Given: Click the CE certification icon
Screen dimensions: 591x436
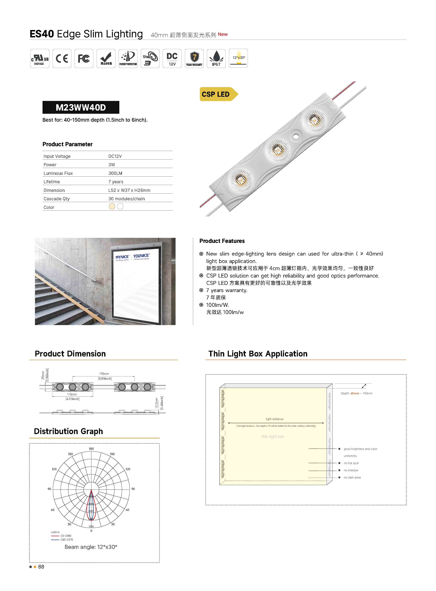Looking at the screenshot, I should tap(62, 58).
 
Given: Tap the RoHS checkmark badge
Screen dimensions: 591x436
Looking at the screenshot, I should tap(106, 58).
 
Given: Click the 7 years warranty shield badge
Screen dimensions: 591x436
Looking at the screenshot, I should tap(194, 58).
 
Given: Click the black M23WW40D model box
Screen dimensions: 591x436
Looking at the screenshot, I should tap(81, 107).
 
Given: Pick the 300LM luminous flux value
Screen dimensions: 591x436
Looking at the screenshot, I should tap(115, 173).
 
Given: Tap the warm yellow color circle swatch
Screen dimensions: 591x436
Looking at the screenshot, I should tap(112, 206).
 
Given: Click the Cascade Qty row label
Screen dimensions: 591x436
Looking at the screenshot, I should tap(56, 199).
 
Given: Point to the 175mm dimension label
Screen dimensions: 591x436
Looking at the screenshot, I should tap(104, 374).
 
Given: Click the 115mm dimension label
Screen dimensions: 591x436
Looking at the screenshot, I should tap(72, 394).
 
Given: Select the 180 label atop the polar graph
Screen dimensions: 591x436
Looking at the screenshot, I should tap(91, 449).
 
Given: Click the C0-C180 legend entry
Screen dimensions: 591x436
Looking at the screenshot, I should tap(66, 536).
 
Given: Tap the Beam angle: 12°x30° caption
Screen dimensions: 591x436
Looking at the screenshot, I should tap(91, 547).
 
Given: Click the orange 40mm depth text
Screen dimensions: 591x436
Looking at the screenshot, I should tap(355, 393).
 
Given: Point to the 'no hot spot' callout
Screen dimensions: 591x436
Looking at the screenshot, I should tap(351, 463).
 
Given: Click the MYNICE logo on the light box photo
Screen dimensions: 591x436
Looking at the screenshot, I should tap(122, 257).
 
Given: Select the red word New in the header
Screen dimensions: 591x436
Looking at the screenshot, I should tap(223, 34).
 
